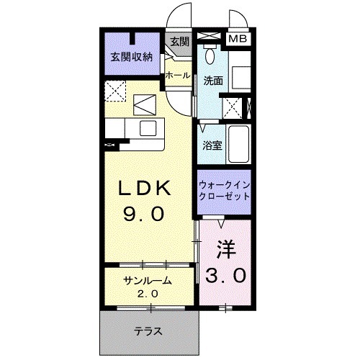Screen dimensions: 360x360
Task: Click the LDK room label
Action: pos(145,188)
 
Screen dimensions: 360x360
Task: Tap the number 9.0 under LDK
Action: pos(145,214)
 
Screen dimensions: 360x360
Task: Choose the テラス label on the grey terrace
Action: pos(147,332)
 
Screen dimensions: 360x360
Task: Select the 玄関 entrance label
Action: pos(178,43)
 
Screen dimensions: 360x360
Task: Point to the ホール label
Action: pos(177,75)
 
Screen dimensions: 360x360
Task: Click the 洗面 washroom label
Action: pos(213,81)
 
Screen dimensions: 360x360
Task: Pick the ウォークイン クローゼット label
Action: pos(223,189)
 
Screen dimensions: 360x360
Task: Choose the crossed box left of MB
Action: pos(211,35)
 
